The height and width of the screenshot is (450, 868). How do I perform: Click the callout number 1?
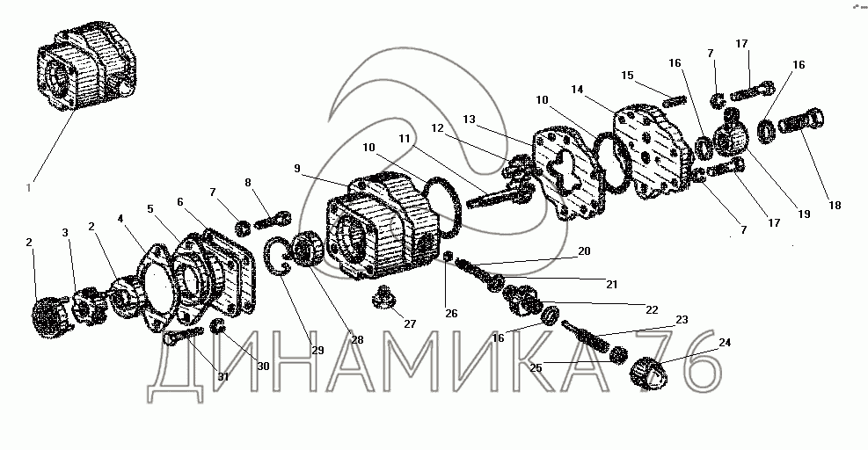29,187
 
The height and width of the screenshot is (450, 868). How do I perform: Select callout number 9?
297,168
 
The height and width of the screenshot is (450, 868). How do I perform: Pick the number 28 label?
358,339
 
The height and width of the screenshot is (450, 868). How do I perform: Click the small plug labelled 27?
383,298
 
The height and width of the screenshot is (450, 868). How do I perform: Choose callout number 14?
578,89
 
